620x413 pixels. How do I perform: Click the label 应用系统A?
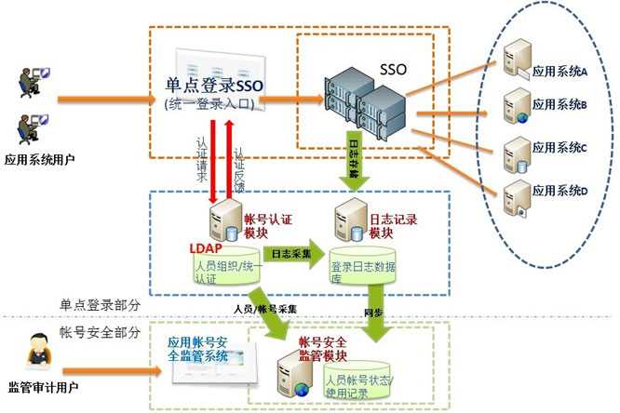point(559,71)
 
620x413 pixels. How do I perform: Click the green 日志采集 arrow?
point(291,253)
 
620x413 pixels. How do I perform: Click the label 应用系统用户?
point(40,159)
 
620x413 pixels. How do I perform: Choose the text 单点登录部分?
point(99,305)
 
